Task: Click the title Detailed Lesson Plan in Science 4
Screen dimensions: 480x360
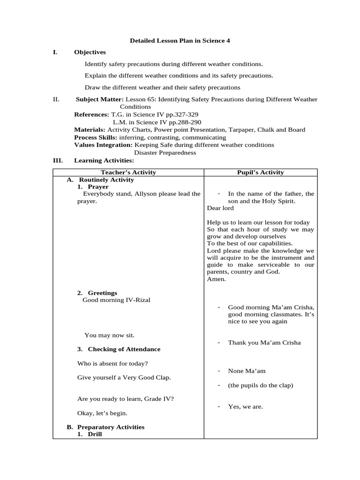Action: pyautogui.click(x=180, y=41)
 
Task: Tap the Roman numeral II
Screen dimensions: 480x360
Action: pyautogui.click(x=56, y=99)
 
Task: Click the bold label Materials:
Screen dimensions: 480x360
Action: pyautogui.click(x=90, y=130)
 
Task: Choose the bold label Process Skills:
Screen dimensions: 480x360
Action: pyautogui.click(x=96, y=137)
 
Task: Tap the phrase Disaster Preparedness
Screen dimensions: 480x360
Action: pyautogui.click(x=165, y=152)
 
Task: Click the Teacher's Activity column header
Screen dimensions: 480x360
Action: pyautogui.click(x=128, y=172)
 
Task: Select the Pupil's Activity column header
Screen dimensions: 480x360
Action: pyautogui.click(x=260, y=172)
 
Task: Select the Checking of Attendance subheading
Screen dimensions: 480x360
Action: pyautogui.click(x=124, y=349)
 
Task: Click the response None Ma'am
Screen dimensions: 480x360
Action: pyautogui.click(x=247, y=371)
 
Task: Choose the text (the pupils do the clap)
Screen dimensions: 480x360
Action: pyautogui.click(x=260, y=385)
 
